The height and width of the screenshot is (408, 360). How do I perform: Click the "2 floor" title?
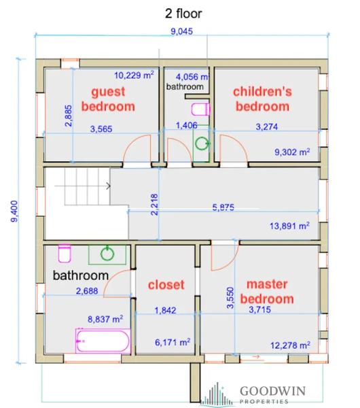[x=183, y=14]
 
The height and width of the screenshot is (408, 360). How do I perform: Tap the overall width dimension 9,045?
[x=181, y=31]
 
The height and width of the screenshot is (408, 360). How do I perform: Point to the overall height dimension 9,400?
[x=14, y=211]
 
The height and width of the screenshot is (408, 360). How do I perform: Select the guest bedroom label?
[x=108, y=99]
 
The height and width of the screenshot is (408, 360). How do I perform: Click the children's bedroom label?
[x=262, y=99]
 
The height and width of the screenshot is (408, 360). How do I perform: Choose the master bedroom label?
[x=267, y=292]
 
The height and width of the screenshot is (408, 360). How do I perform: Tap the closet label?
[x=166, y=285]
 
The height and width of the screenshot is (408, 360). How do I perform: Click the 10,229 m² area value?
[x=134, y=75]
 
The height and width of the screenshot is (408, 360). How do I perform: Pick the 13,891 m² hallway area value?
[x=289, y=226]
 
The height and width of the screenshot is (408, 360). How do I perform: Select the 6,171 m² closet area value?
[x=173, y=342]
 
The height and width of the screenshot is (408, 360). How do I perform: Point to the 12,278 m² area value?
[x=290, y=345]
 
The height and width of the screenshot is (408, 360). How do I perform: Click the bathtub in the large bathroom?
[x=103, y=341]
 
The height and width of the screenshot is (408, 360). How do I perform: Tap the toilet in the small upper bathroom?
[x=200, y=109]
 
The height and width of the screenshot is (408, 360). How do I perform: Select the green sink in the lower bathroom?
[x=107, y=254]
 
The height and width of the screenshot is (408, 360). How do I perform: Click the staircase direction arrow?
[x=83, y=186]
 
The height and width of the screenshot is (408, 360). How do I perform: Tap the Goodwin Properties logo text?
[x=272, y=394]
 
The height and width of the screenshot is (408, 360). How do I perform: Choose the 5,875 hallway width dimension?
[x=223, y=207]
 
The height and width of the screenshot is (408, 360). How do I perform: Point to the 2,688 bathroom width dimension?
[x=87, y=291]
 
